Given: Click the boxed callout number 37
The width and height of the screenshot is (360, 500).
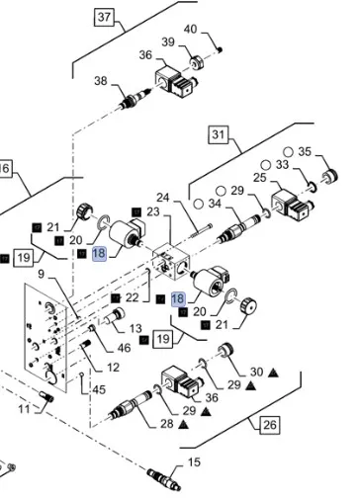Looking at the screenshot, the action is pos(104,17).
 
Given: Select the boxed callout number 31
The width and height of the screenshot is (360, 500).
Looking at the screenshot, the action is pos(218,134).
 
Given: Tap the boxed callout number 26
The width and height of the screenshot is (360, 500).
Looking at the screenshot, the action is pos(270,425).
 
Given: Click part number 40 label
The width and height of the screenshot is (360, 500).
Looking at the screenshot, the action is pos(191,30).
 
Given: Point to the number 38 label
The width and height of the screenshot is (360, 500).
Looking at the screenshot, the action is pos(101,81).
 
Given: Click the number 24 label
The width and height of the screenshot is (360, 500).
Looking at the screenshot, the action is pos(162,198).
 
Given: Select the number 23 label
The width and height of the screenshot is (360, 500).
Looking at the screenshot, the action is pos(153,211).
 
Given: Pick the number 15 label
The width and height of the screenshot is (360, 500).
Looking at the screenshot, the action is pos(194,462).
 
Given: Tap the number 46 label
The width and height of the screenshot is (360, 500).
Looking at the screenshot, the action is pos(124,348).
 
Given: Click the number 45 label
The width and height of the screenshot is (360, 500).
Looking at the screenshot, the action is pos(99,390).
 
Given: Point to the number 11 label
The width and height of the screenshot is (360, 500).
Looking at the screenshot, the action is pos(24,409).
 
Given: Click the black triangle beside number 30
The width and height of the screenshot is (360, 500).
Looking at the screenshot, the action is pos(273,373).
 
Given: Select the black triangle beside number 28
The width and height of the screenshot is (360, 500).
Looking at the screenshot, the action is pos(183,425).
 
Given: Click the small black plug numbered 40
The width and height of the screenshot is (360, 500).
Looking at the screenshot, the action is pos(221,49).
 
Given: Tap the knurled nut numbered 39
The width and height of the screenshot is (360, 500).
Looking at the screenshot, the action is pos(197,62).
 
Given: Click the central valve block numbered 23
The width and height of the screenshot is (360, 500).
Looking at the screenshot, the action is pos(171,262).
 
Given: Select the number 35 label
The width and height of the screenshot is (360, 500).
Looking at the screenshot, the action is pos(305,151).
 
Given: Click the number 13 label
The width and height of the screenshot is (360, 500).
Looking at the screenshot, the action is pos(135,328).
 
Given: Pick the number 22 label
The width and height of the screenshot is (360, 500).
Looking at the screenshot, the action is pos(132,297).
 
